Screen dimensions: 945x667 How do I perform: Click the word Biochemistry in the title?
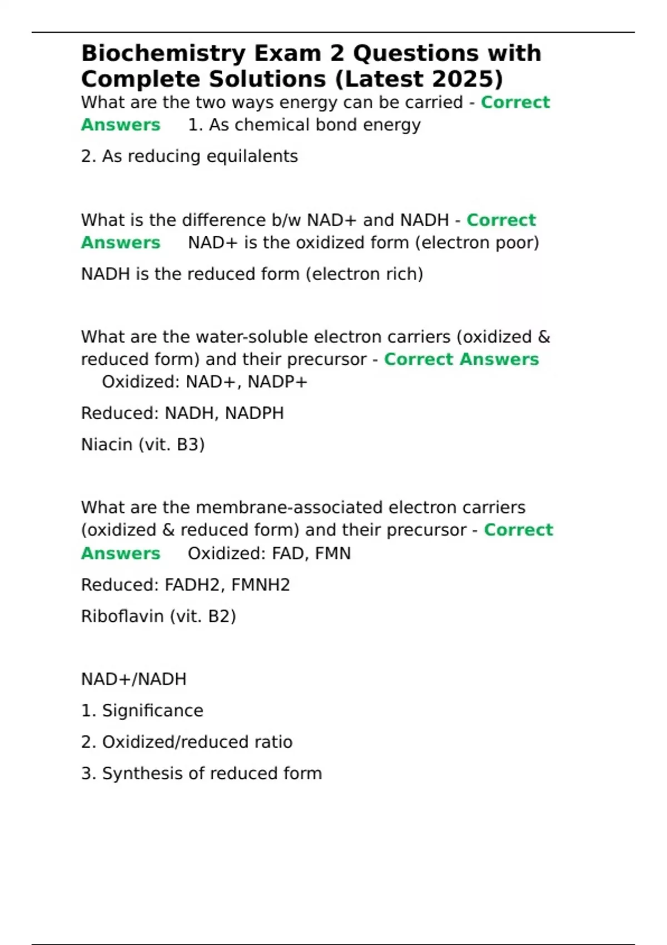click(x=163, y=54)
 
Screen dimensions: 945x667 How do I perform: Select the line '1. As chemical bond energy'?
click(x=304, y=125)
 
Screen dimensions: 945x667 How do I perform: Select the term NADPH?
click(x=254, y=413)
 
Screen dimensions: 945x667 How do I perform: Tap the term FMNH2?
click(x=260, y=585)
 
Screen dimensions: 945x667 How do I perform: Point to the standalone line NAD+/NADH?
click(x=133, y=679)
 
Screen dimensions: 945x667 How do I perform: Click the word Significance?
click(x=152, y=710)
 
